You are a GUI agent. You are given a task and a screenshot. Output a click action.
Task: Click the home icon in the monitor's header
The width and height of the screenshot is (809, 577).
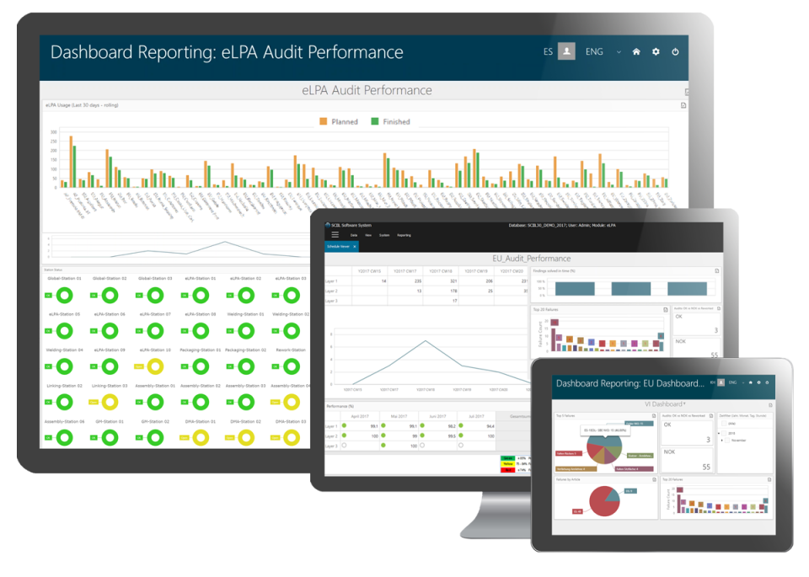(636, 51)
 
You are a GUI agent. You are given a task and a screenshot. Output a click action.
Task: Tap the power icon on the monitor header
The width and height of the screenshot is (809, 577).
(675, 51)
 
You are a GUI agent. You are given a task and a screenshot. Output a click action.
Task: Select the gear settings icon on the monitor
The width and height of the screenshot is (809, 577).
(656, 51)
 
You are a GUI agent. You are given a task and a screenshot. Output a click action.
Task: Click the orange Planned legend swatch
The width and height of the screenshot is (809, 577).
(323, 122)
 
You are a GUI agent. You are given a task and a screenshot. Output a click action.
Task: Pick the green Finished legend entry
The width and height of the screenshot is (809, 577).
(375, 122)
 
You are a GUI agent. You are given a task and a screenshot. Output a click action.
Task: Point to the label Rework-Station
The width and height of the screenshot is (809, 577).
(289, 350)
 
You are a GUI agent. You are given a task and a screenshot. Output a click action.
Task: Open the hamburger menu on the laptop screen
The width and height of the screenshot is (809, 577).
(335, 235)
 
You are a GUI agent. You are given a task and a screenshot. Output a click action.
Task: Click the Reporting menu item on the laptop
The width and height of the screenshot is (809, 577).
(404, 235)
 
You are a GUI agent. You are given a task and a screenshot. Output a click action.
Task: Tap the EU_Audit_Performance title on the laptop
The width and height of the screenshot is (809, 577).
(531, 259)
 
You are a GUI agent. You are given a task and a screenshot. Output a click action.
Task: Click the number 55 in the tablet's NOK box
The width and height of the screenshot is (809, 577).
(706, 467)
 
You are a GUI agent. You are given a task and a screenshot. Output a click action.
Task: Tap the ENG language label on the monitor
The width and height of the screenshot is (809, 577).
(594, 51)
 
